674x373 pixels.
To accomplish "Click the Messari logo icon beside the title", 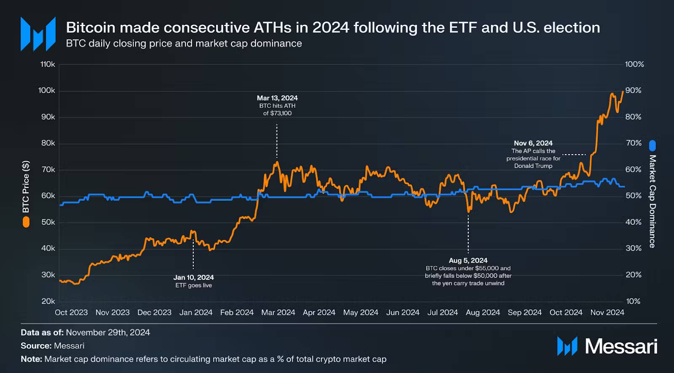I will coord(38,34).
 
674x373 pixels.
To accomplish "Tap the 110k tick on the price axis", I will coord(48,64).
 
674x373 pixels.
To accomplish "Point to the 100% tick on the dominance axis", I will coord(634,64).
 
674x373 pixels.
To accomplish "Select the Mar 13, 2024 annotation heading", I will coord(277,98).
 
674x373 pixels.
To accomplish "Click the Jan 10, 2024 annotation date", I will coord(193,277).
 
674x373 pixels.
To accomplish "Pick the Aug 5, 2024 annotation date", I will coord(468,261).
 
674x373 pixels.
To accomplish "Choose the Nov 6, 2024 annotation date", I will coord(533,143).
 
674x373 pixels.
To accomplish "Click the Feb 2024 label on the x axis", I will coord(237,312).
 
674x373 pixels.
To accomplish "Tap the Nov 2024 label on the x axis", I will coord(607,312).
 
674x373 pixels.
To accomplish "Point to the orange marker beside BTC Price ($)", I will coord(26,222).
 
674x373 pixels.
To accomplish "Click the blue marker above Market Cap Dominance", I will coord(653,146).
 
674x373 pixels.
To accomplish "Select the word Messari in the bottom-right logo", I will coord(621,346).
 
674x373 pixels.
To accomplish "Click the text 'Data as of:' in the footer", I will coord(42,333).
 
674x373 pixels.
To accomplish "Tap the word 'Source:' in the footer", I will coord(36,346).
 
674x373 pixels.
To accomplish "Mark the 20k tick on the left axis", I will coord(48,301).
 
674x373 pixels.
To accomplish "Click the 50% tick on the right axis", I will coord(633,196).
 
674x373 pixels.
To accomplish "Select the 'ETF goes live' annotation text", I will coord(193,285).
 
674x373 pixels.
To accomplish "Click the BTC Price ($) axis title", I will coord(26,186).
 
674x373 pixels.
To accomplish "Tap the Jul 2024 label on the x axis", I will coord(442,312).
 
